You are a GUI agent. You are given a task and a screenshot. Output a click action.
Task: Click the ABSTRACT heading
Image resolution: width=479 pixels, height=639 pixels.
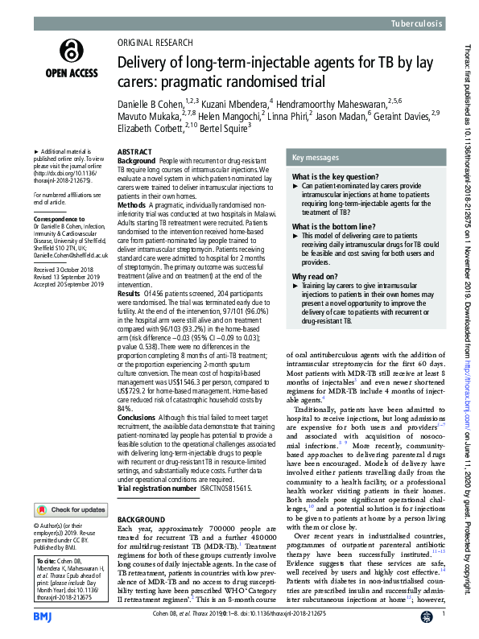point(134,152)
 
